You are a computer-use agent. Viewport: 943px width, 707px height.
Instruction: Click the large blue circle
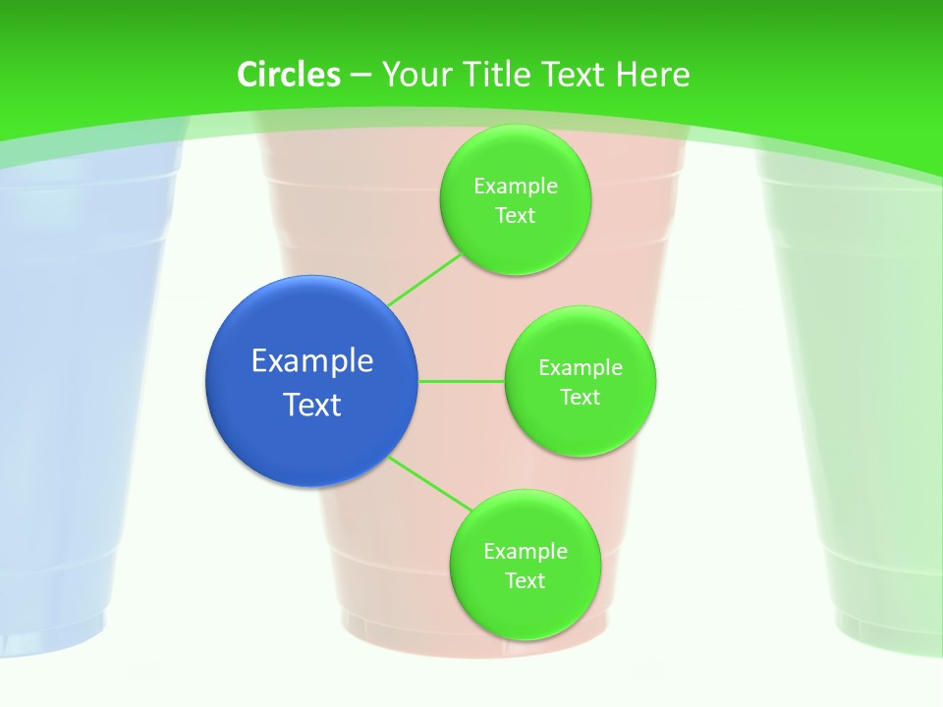311,381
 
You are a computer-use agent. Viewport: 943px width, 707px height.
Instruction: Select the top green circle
515,200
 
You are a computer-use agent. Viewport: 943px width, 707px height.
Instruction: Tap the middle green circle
580,381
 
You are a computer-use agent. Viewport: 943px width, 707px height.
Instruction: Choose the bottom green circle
525,565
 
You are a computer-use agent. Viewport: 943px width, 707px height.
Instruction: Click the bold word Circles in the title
289,75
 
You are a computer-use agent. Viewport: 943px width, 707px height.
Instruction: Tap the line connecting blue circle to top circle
424,280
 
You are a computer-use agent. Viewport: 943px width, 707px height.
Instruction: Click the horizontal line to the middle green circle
462,381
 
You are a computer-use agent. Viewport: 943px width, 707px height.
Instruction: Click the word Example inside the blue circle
312,360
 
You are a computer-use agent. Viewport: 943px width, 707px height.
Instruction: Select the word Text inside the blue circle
312,405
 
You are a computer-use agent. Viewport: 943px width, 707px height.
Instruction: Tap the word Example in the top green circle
515,187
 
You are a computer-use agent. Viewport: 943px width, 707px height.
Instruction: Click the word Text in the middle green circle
580,397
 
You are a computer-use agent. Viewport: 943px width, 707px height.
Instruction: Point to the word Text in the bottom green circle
525,580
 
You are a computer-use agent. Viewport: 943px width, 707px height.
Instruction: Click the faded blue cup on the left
59,393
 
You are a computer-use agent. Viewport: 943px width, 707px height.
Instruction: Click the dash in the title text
361,76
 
